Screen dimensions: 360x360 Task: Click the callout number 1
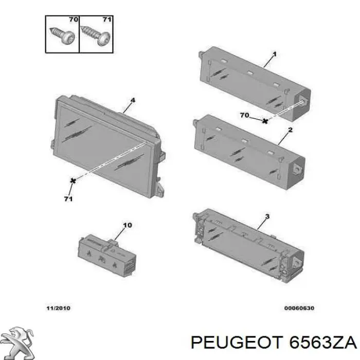[274, 54]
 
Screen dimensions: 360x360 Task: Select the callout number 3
[267, 217]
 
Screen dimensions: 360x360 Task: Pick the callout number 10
[128, 225]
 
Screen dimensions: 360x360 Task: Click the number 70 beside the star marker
[244, 115]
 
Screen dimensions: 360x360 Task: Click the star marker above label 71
[73, 180]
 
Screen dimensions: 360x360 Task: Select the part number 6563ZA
[321, 343]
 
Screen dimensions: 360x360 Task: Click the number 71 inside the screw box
[107, 20]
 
